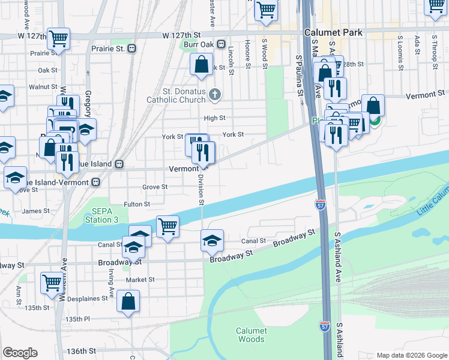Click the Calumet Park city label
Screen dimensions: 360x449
(x=333, y=32)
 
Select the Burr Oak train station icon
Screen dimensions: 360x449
(x=221, y=44)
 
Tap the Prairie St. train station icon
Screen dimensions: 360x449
(x=131, y=48)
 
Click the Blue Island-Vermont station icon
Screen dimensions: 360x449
(x=95, y=182)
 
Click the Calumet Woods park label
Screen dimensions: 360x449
(x=250, y=335)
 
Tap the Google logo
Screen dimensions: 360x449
(x=20, y=352)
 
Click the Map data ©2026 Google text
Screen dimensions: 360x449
(x=411, y=355)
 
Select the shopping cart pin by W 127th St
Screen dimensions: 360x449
(x=59, y=38)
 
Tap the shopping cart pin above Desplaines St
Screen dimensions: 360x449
(x=52, y=281)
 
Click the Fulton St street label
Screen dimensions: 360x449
(x=137, y=205)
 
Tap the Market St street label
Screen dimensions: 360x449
(x=140, y=280)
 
